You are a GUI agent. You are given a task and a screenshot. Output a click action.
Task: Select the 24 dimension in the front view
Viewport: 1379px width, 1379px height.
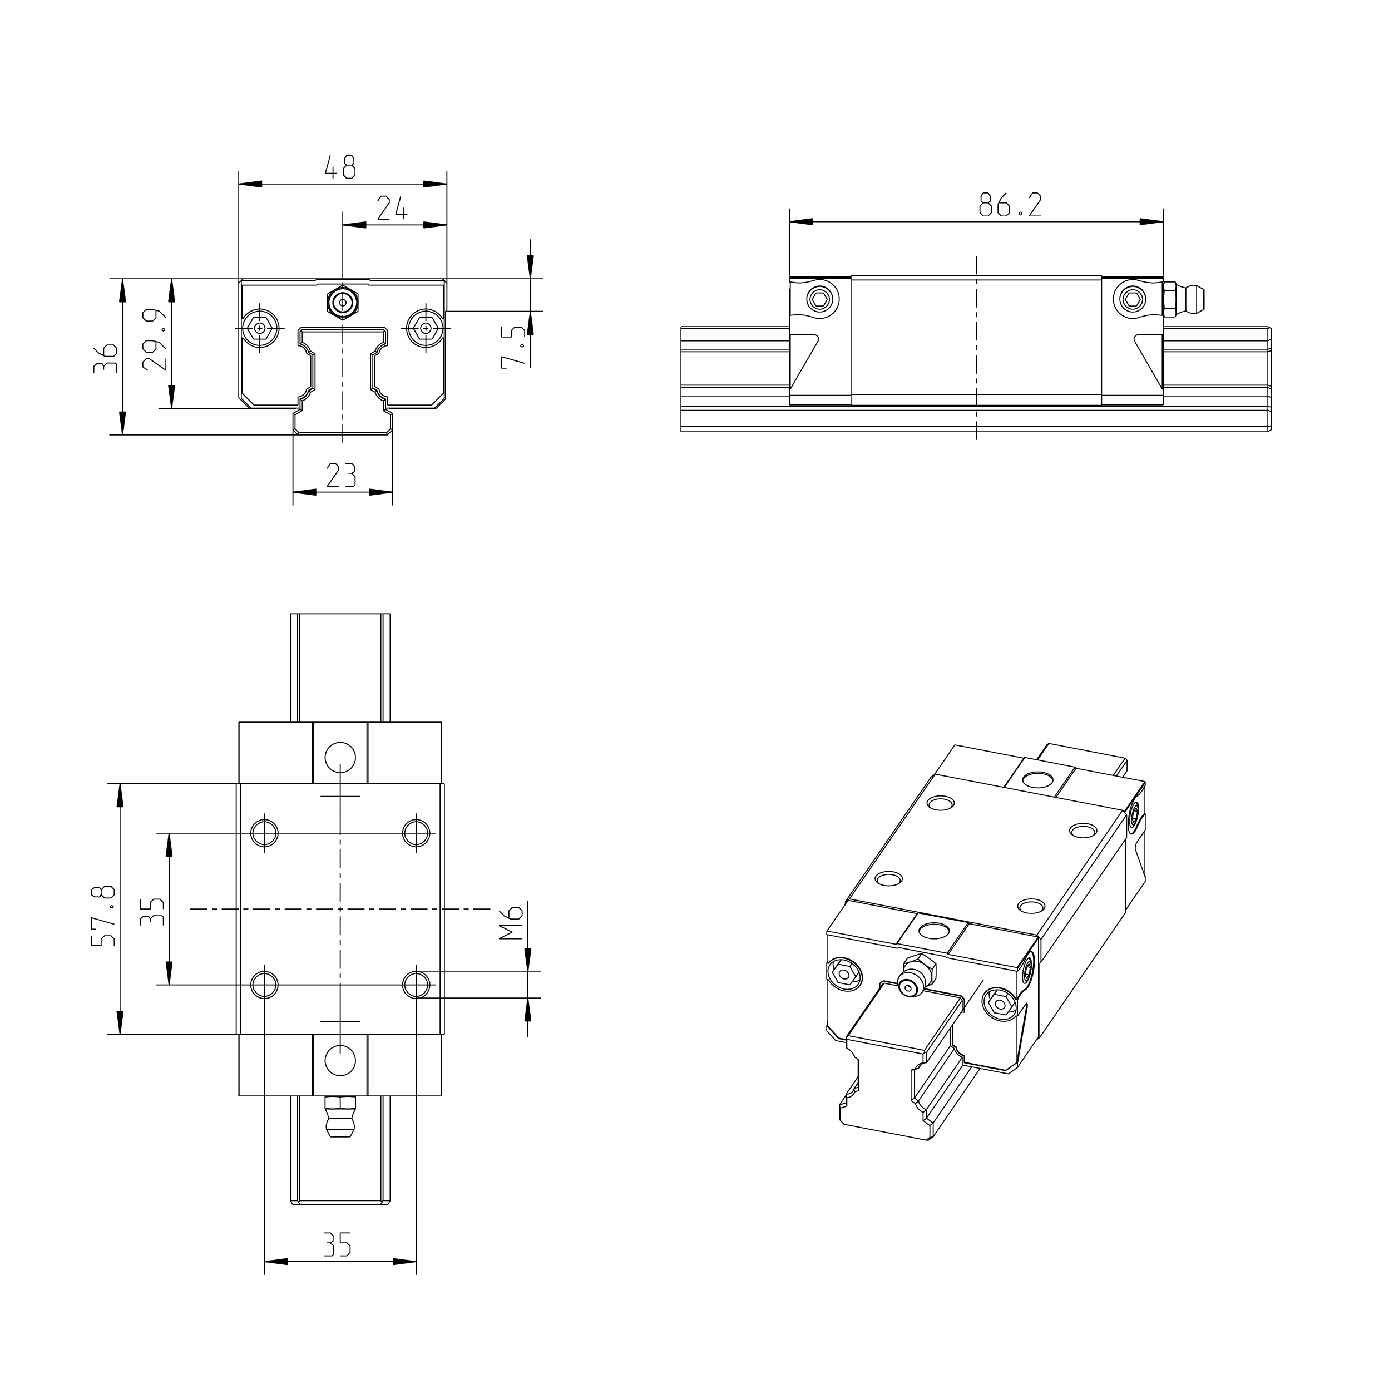pyautogui.click(x=392, y=209)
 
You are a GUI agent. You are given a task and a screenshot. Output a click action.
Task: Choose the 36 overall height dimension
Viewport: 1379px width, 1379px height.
pyautogui.click(x=106, y=358)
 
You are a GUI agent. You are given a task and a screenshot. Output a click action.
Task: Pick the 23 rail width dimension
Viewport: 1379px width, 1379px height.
pyautogui.click(x=341, y=475)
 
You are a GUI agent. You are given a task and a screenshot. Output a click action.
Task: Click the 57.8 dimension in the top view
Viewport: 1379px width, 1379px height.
pyautogui.click(x=104, y=917)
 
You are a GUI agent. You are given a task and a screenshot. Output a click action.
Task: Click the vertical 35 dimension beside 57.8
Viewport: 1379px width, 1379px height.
pyautogui.click(x=153, y=912)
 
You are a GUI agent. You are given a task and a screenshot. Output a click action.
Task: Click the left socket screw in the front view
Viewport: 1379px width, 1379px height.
pyautogui.click(x=260, y=328)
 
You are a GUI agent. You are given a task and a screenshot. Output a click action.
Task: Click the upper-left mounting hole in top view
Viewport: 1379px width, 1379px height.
pyautogui.click(x=265, y=832)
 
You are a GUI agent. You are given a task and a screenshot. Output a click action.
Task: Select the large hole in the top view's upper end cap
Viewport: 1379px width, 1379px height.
pyautogui.click(x=340, y=757)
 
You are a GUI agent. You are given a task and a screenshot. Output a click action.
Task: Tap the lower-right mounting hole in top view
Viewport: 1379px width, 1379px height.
pyautogui.click(x=416, y=985)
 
